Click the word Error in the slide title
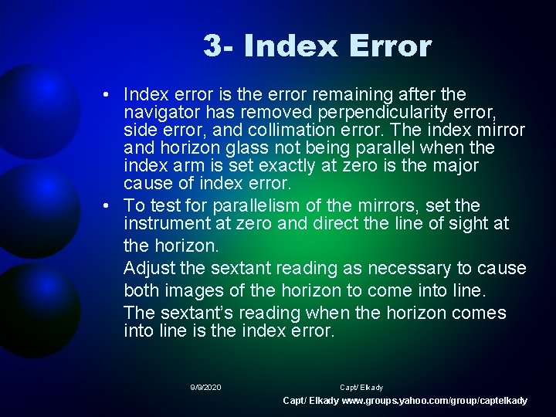click(x=390, y=46)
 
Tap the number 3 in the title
click(x=212, y=46)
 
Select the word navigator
click(x=159, y=113)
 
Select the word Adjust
click(x=149, y=269)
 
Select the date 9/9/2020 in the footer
click(x=205, y=387)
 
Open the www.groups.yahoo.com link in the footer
click(x=435, y=401)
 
